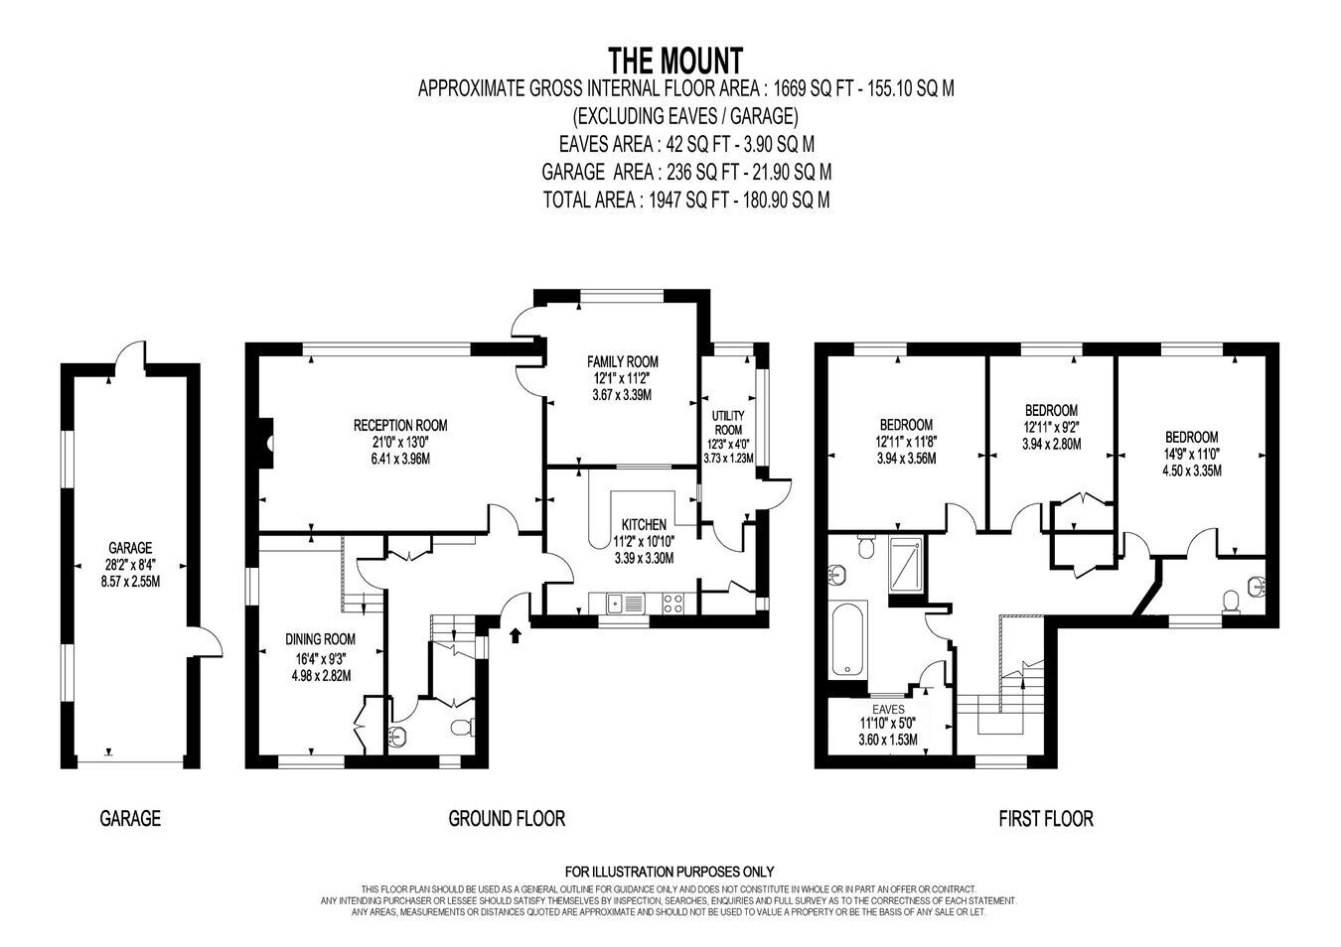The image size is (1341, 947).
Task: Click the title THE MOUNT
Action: pos(675,61)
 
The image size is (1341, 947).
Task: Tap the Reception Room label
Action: pos(400,425)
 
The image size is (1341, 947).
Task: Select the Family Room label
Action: pos(623,361)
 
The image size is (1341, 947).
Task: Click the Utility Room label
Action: pos(728,422)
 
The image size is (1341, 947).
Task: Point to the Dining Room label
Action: pos(320,639)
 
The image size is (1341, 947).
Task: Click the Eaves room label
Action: pos(888,709)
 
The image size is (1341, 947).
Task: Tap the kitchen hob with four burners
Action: pos(672,603)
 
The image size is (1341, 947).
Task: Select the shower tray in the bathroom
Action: pos(907,564)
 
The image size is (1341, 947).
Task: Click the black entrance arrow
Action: pos(515,634)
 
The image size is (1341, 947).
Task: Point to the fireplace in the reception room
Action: pos(266,443)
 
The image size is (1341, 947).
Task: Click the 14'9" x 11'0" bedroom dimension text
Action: pos(1191,454)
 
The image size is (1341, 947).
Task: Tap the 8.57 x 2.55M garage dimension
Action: pos(130,581)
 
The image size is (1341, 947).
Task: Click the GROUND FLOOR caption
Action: pos(507,818)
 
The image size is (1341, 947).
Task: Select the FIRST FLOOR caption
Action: pos(1046,818)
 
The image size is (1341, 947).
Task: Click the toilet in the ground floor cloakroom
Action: pos(463,727)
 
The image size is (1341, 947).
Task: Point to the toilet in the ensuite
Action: pos(1231,602)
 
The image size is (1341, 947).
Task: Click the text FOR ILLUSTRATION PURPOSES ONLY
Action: pos(670,872)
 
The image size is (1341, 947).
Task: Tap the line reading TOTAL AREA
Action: pos(686,200)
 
